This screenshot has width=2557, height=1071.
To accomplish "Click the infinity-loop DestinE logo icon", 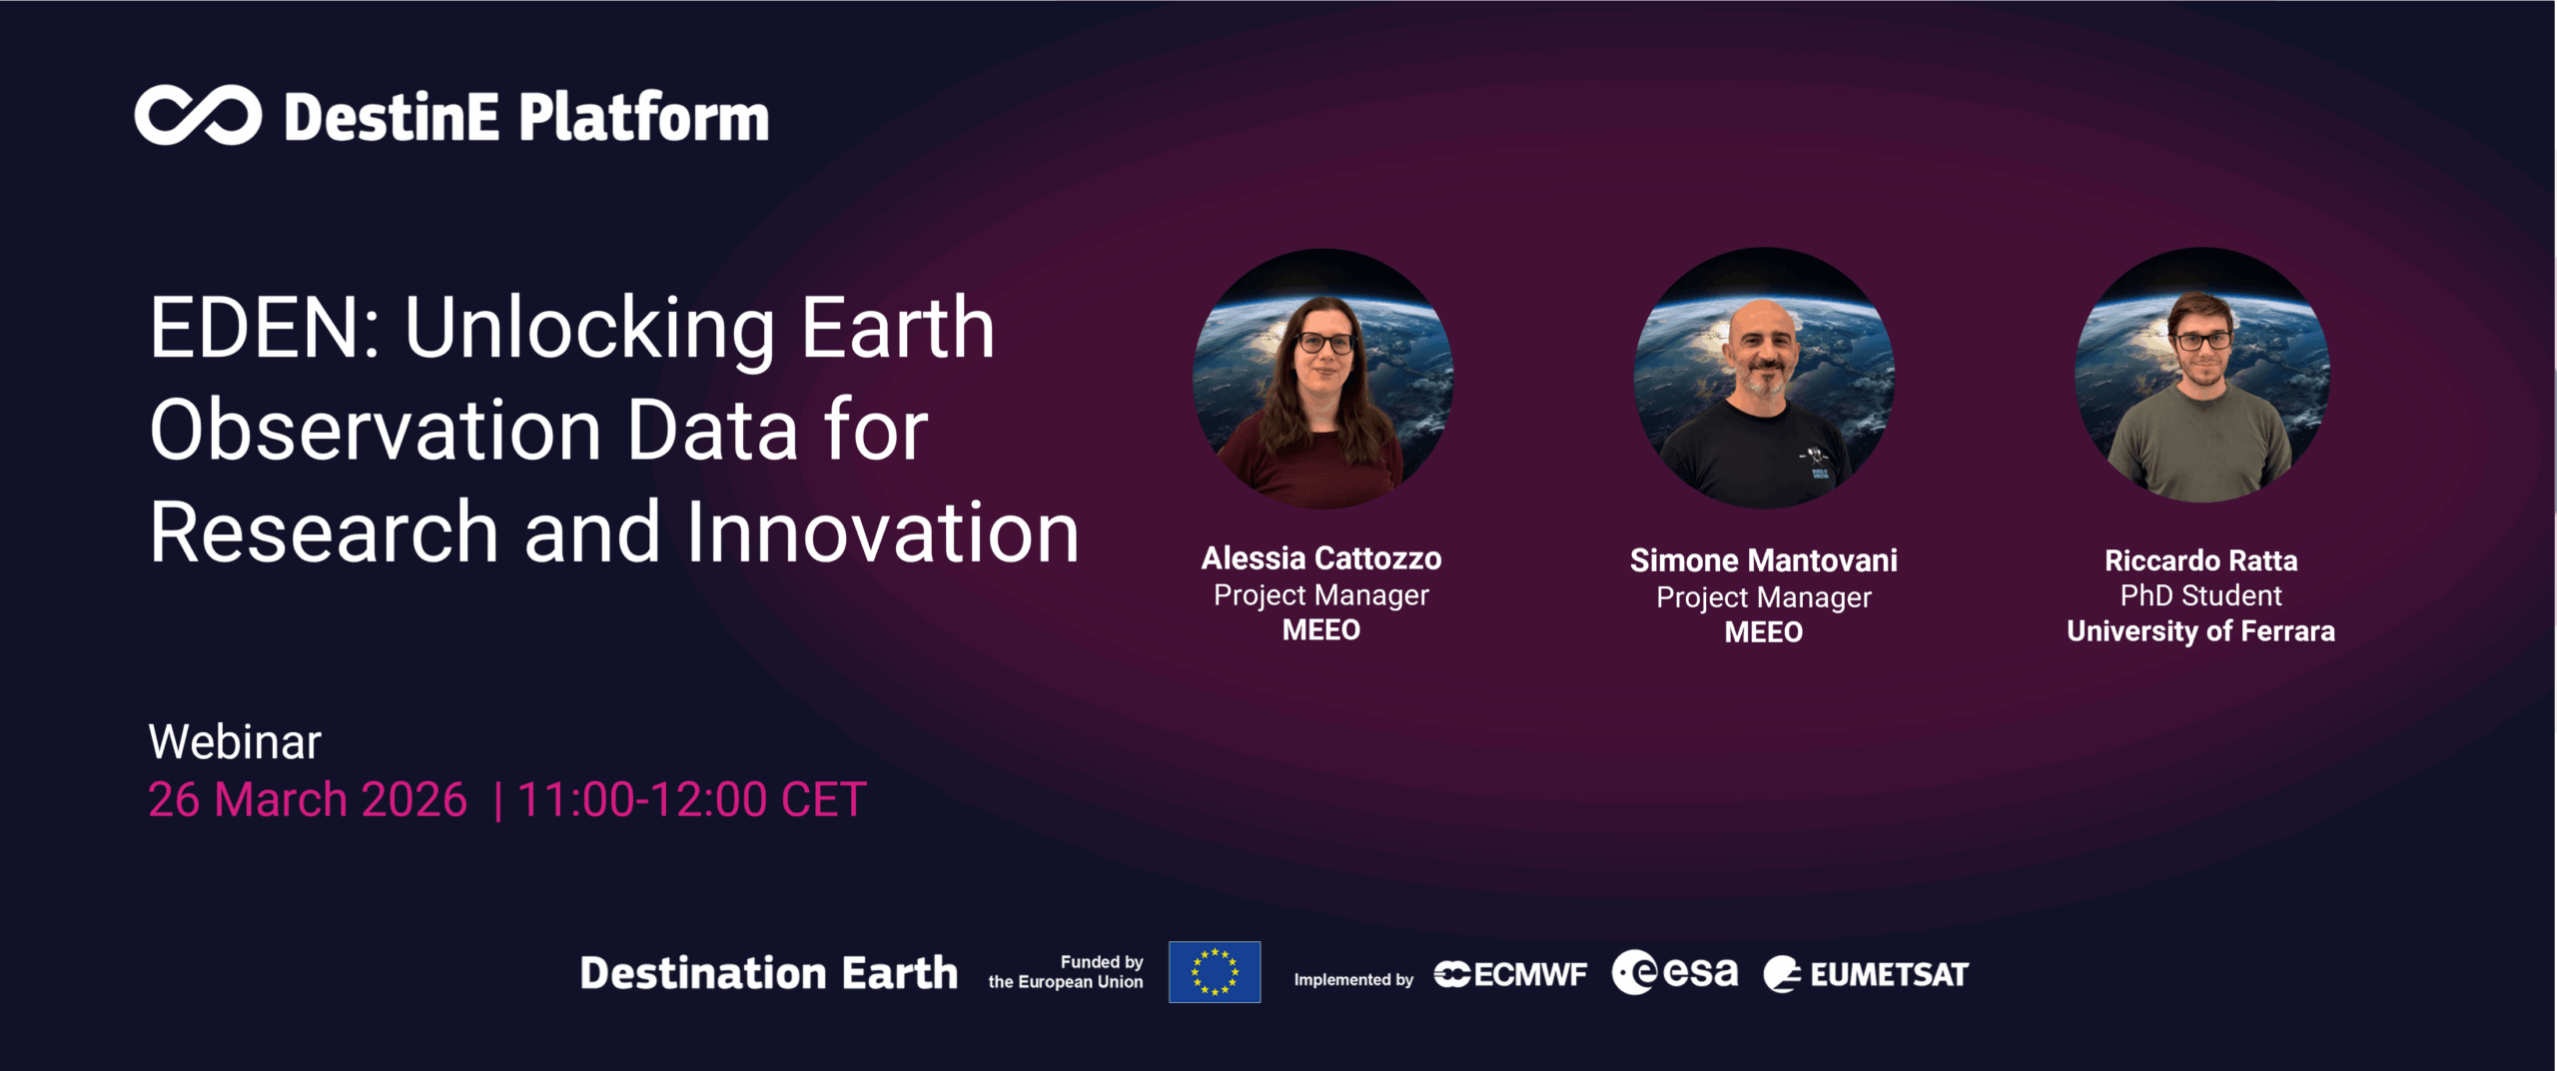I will (198, 116).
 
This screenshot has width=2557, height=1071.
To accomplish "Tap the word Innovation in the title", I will (883, 533).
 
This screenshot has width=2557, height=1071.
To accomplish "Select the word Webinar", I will (235, 742).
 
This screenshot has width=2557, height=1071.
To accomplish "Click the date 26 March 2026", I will (308, 800).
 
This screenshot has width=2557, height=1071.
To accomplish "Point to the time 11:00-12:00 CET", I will (691, 800).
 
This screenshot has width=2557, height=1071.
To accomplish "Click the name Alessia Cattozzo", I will (1320, 558).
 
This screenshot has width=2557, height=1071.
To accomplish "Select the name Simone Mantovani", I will (1763, 560).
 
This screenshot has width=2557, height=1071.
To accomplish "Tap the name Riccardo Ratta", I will (2200, 560).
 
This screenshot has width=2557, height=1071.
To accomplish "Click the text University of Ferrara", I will (2200, 631).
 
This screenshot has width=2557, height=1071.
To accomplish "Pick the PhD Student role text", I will (2200, 596).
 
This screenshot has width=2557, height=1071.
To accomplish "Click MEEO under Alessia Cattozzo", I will (1320, 630).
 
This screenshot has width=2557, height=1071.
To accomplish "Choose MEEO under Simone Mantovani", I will (1763, 632).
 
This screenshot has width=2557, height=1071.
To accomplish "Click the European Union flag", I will (1215, 972).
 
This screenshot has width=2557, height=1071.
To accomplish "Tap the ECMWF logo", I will (1510, 974).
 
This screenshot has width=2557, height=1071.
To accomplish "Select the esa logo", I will (1675, 972).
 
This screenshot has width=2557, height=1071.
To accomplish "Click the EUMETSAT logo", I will (1866, 974).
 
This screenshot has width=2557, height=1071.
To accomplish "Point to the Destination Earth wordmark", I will (769, 973).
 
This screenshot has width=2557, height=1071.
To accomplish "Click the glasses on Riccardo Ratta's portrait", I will (2202, 341).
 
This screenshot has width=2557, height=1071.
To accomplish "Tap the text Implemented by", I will (1353, 980).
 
